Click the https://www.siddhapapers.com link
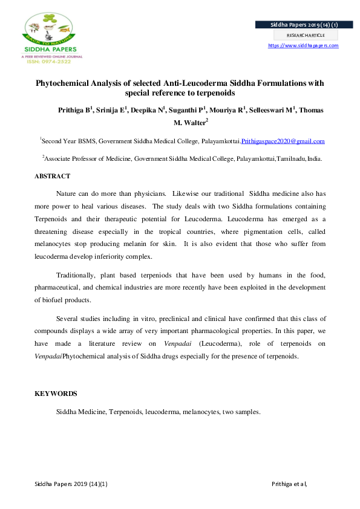[x=303, y=45]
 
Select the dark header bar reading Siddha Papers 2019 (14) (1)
[x=296, y=25]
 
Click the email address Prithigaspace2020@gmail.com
[x=283, y=141]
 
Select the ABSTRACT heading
[x=52, y=176]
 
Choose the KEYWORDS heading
[x=56, y=394]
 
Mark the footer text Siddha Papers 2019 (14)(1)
[x=71, y=484]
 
